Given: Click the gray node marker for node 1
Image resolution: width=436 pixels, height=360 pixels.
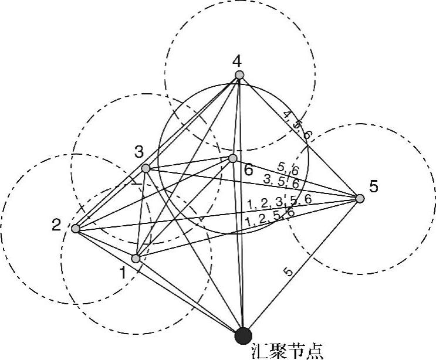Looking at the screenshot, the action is [136, 258].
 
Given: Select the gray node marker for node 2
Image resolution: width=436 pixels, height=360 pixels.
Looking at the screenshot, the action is [76, 228].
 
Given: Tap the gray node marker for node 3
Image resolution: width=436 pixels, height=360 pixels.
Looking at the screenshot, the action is [146, 169].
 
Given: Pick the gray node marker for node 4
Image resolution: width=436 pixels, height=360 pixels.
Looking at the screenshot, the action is [239, 74].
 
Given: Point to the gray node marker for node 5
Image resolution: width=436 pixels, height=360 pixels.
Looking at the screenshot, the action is [360, 198].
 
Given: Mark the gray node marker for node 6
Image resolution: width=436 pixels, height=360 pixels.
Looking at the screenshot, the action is [232, 158].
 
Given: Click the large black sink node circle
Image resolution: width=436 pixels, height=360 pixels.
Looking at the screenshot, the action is [243, 335].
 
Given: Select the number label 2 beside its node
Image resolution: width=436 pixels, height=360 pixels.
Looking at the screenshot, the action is [56, 225].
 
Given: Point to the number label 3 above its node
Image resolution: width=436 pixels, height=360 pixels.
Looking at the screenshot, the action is [138, 152].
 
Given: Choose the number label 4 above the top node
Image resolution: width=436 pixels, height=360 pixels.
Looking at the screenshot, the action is [236, 60].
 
